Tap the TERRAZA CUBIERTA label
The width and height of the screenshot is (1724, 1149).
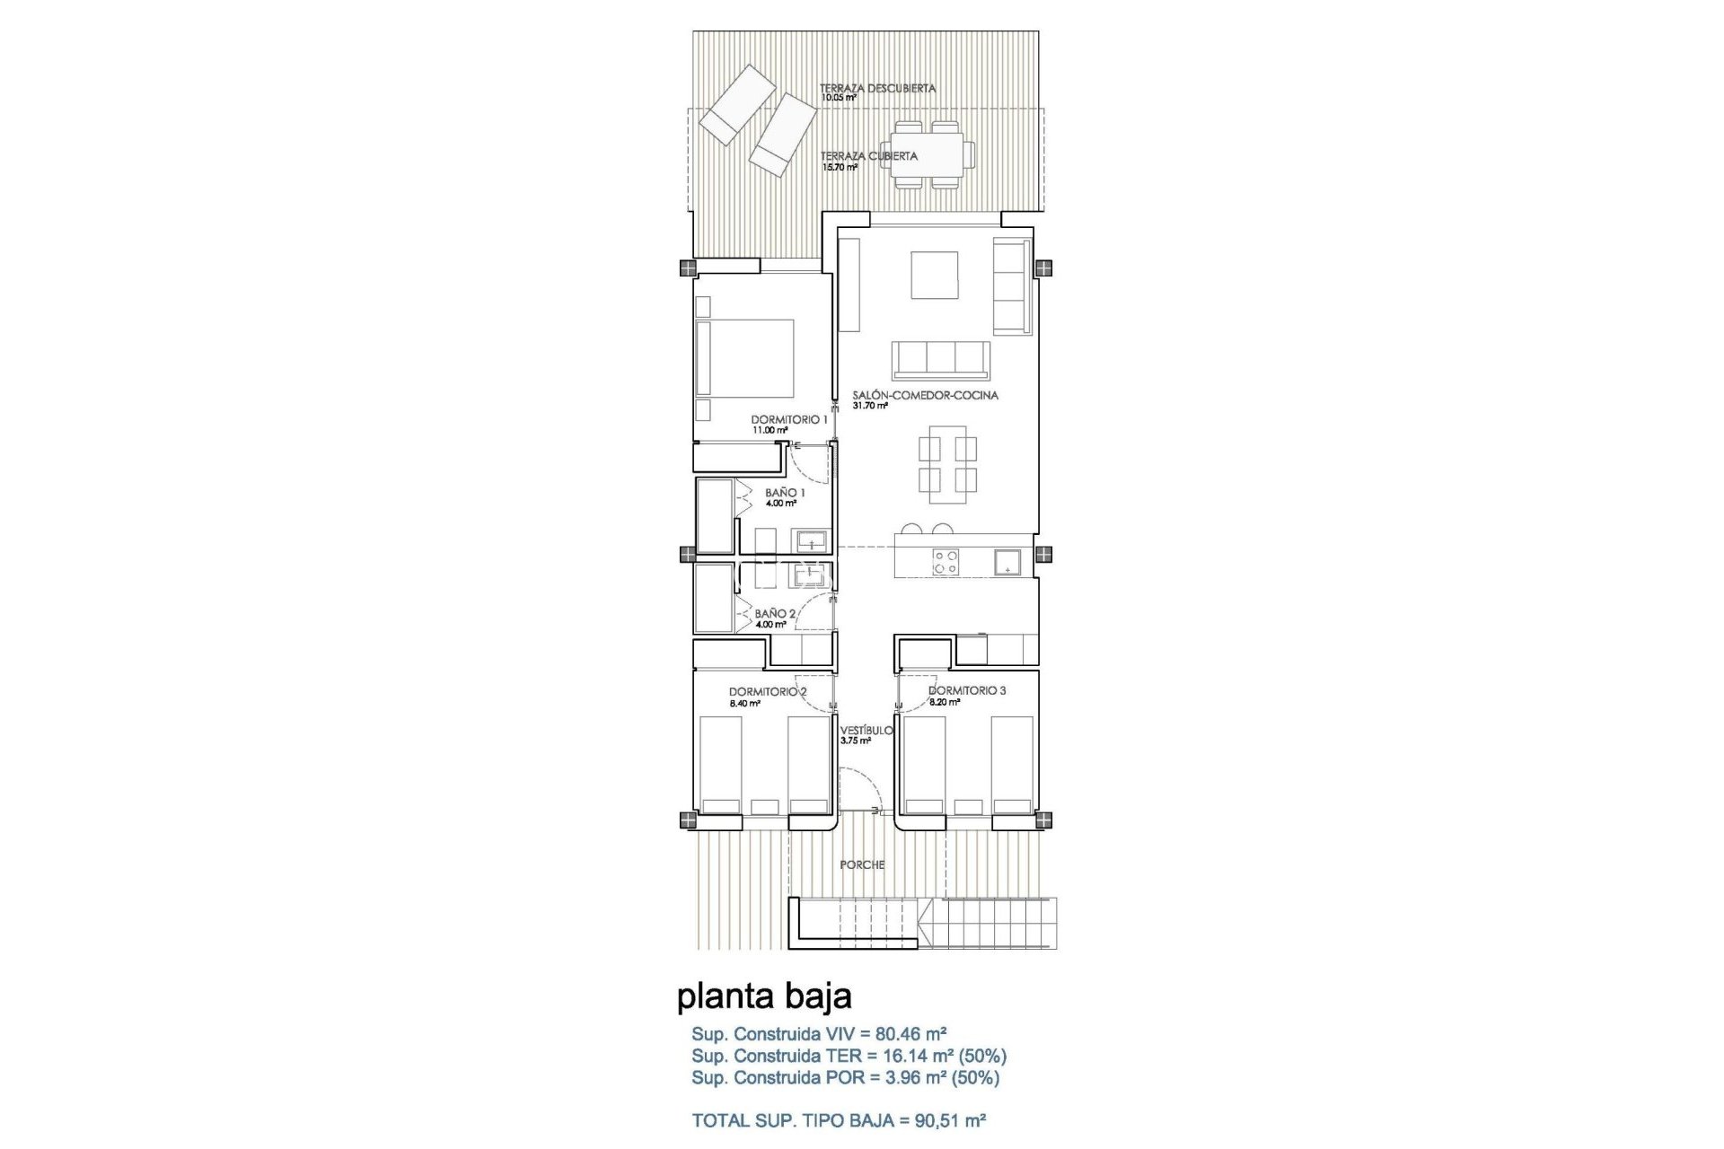click(x=868, y=156)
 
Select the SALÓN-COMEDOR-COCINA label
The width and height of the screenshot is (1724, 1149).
click(x=926, y=395)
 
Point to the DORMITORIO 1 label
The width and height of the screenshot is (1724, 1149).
click(x=789, y=419)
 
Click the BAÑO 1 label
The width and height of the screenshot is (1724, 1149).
click(x=785, y=493)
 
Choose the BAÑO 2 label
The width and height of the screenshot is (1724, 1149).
click(x=775, y=614)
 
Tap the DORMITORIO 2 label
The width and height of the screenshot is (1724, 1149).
click(x=768, y=692)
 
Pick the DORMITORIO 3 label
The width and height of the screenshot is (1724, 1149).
click(x=967, y=691)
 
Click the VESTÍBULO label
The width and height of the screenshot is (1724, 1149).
click(x=866, y=731)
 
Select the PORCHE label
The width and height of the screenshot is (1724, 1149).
click(x=862, y=865)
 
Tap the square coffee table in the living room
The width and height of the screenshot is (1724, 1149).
click(x=935, y=275)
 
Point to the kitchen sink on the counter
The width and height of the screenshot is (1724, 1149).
click(x=1007, y=562)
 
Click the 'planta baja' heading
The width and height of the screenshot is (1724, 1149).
click(x=764, y=996)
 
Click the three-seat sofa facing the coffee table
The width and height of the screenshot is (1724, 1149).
click(x=941, y=360)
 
